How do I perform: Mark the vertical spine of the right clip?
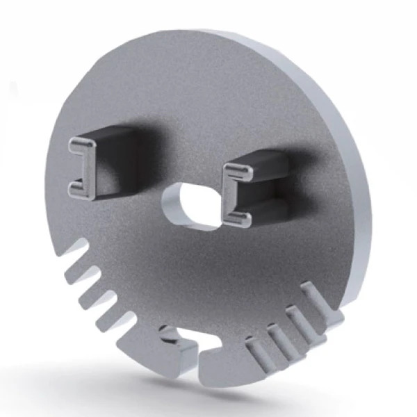coord(230,195)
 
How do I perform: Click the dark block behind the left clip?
coord(118,149)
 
